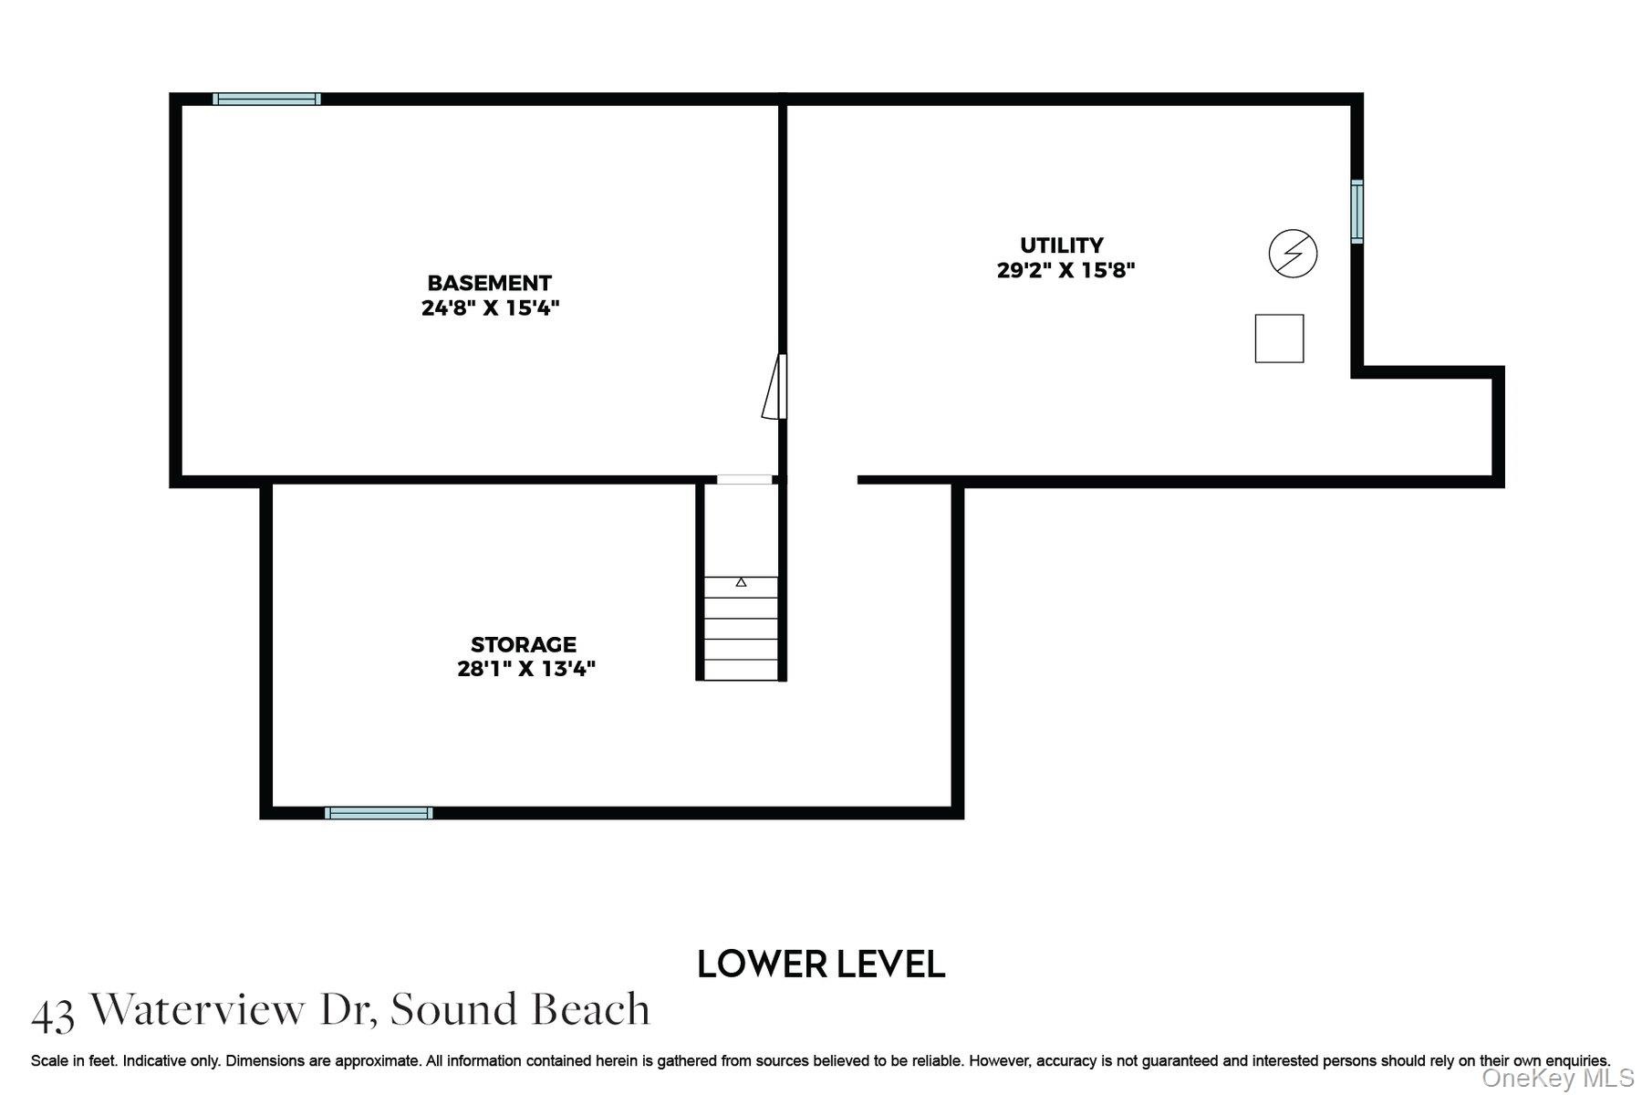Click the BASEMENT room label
pyautogui.click(x=489, y=283)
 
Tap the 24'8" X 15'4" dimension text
pyautogui.click(x=490, y=308)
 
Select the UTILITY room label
pyautogui.click(x=1062, y=245)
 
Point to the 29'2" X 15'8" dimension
pyautogui.click(x=1065, y=270)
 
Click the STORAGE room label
pyautogui.click(x=524, y=644)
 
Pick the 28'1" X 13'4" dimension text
pyautogui.click(x=526, y=669)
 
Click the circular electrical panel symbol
pyautogui.click(x=1293, y=253)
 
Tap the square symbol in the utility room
pyautogui.click(x=1279, y=339)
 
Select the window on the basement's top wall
pyautogui.click(x=266, y=99)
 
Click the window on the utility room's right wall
pyautogui.click(x=1357, y=212)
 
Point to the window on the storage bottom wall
pyautogui.click(x=379, y=813)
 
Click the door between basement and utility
pyautogui.click(x=775, y=387)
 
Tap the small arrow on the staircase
pyautogui.click(x=741, y=581)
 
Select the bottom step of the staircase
pyautogui.click(x=741, y=670)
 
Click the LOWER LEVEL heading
pyautogui.click(x=821, y=964)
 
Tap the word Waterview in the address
pyautogui.click(x=198, y=1009)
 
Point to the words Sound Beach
pyautogui.click(x=520, y=1009)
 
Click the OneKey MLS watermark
pyautogui.click(x=1557, y=1079)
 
